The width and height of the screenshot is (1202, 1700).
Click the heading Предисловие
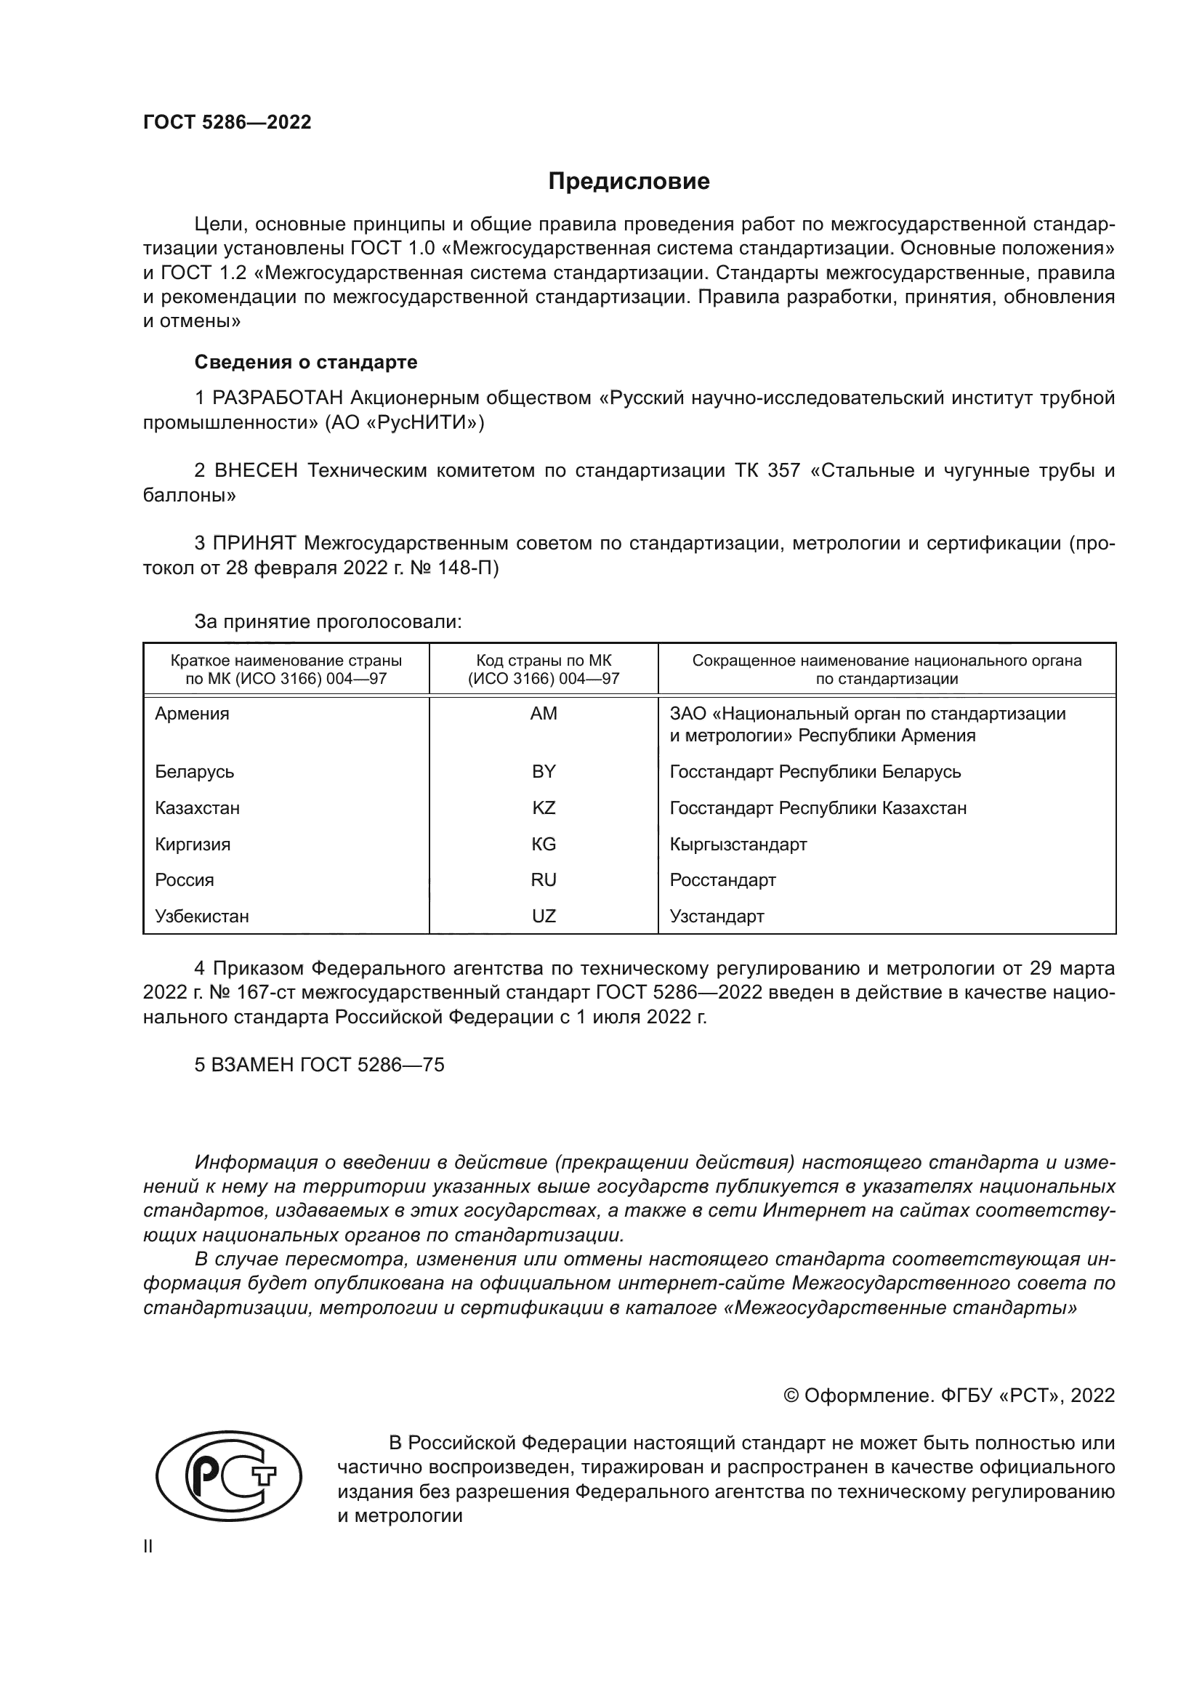tap(629, 182)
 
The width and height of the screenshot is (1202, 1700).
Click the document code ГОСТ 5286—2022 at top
tap(227, 122)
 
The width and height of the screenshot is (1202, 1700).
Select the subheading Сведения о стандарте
tap(306, 362)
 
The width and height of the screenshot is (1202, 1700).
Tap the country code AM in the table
tap(544, 714)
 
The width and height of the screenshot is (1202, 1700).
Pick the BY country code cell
tap(544, 772)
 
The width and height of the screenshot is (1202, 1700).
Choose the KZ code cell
tap(544, 807)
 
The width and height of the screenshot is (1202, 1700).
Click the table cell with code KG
tap(544, 844)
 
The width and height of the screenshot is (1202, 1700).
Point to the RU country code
tap(544, 879)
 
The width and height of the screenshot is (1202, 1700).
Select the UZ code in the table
tap(544, 916)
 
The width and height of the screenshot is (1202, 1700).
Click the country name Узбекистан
tap(201, 917)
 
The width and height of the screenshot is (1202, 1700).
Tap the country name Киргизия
tap(193, 844)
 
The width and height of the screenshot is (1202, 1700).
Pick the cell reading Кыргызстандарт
tap(738, 844)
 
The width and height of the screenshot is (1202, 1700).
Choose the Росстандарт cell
tap(722, 879)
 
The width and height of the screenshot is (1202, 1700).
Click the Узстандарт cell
tap(717, 916)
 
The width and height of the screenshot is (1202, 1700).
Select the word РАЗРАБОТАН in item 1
tap(278, 398)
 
